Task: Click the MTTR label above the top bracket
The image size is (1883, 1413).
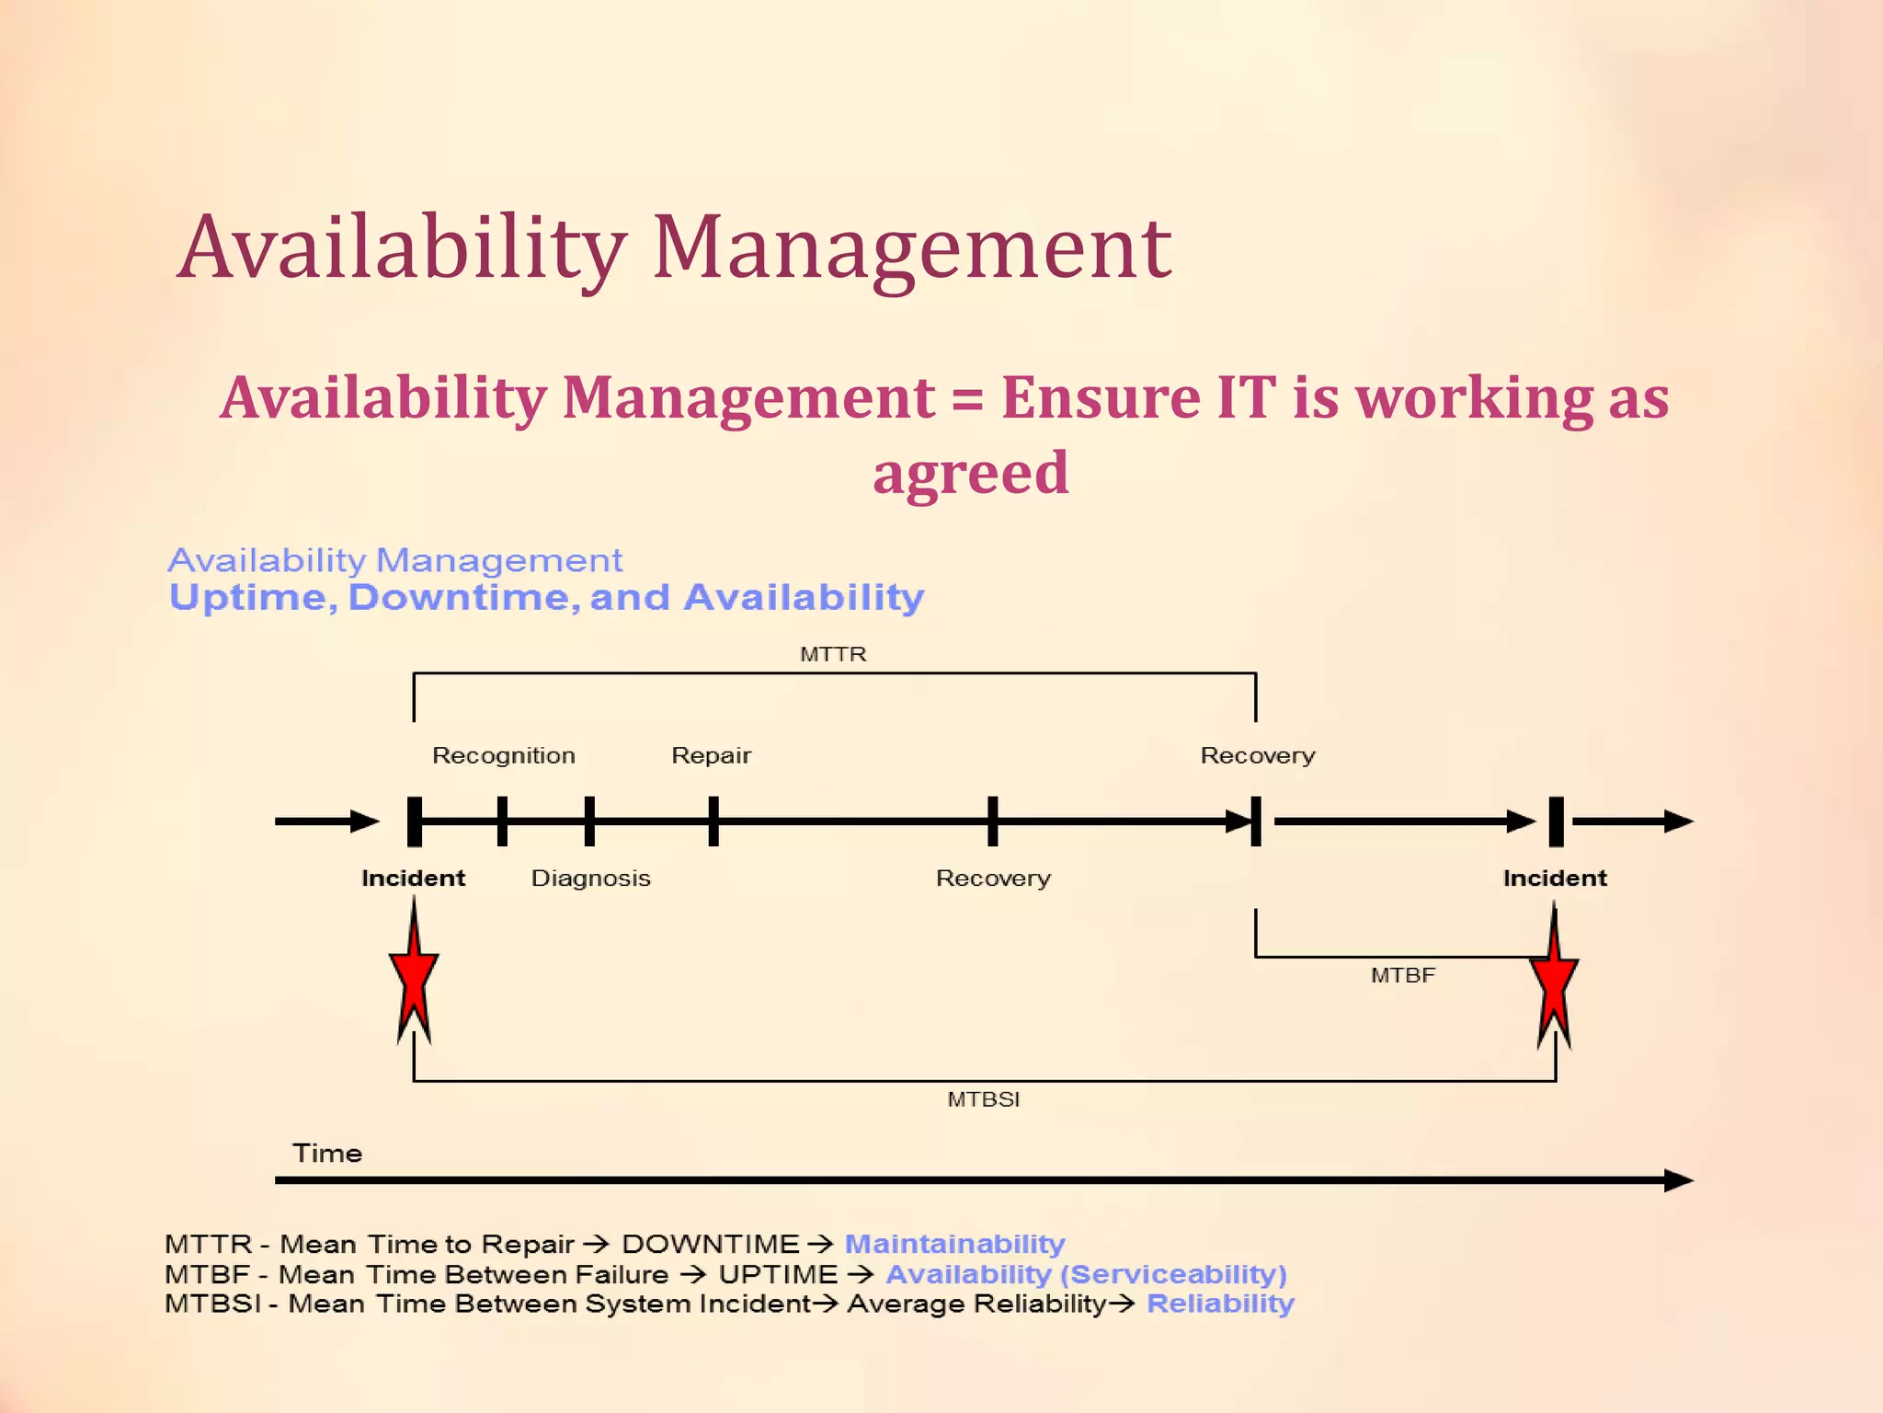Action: click(833, 654)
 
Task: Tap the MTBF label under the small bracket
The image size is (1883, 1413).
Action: click(1402, 975)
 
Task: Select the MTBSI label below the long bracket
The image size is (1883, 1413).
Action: click(983, 1099)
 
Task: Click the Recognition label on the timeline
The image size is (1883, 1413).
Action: click(504, 755)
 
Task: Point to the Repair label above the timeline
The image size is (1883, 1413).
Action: click(711, 755)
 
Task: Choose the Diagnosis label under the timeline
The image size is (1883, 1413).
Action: click(590, 879)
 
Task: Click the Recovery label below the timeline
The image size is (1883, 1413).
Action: click(993, 879)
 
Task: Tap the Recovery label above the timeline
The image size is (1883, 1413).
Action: click(1258, 755)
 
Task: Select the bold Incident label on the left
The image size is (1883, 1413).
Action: click(413, 879)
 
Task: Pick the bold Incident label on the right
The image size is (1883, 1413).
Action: click(1555, 879)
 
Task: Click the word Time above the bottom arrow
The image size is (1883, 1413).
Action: click(327, 1154)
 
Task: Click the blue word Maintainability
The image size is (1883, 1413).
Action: click(954, 1244)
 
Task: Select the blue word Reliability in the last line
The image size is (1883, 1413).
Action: click(1220, 1304)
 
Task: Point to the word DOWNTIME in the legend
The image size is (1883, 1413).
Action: click(711, 1244)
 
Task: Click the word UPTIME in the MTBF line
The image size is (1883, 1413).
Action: click(778, 1274)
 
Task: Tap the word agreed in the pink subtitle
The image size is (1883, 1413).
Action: click(971, 473)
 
